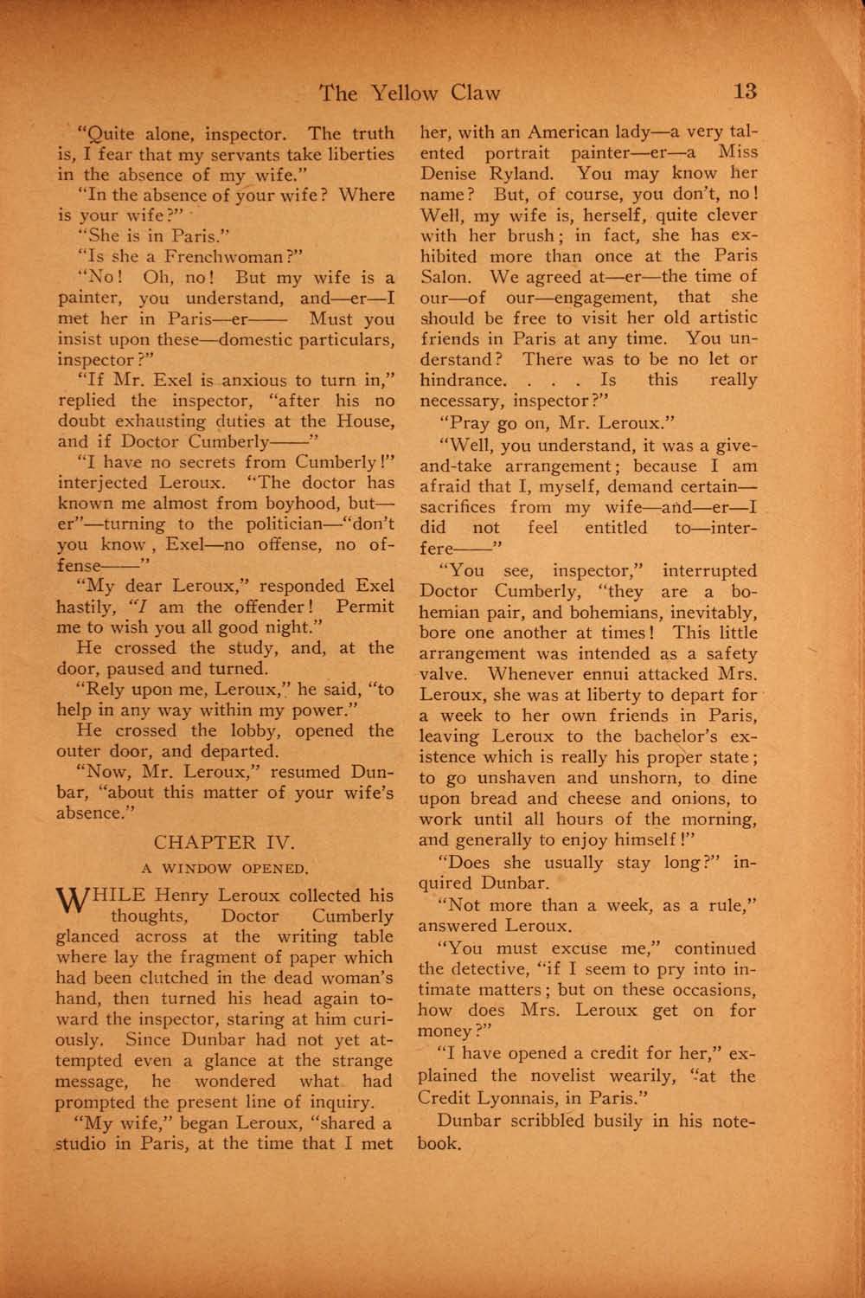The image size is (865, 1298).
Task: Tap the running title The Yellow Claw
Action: (410, 93)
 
